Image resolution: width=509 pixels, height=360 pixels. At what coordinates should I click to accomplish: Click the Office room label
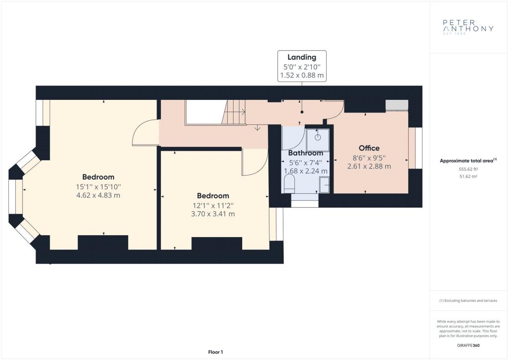click(x=369, y=148)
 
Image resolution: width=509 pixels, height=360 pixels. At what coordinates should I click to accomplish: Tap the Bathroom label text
click(x=306, y=153)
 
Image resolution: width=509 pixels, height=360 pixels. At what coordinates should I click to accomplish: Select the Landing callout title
click(x=302, y=57)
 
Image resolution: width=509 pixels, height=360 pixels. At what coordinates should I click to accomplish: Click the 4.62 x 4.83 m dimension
click(x=98, y=195)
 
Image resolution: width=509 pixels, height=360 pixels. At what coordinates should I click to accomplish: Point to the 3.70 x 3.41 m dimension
click(x=213, y=214)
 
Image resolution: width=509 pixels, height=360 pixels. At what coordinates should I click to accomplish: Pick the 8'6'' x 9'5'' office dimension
click(x=369, y=158)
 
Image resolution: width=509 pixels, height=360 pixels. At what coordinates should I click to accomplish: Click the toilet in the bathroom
click(x=289, y=184)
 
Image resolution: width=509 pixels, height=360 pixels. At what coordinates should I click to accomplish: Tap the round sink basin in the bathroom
click(x=318, y=137)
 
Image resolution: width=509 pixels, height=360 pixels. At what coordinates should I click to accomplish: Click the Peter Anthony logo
click(x=468, y=27)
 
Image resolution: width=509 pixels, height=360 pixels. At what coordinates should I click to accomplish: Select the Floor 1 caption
click(x=216, y=352)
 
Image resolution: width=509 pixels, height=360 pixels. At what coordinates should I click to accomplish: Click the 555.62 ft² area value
click(x=468, y=169)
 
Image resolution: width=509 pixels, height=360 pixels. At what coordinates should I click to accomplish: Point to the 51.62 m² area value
click(x=468, y=177)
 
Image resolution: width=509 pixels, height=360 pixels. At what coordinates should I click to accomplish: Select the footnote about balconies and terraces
click(x=468, y=301)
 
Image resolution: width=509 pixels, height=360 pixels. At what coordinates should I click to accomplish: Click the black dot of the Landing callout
click(x=302, y=112)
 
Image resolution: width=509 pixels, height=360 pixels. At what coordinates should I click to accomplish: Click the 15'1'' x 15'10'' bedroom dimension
click(x=98, y=186)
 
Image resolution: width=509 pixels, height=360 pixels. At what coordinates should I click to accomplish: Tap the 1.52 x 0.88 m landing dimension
click(x=302, y=75)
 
